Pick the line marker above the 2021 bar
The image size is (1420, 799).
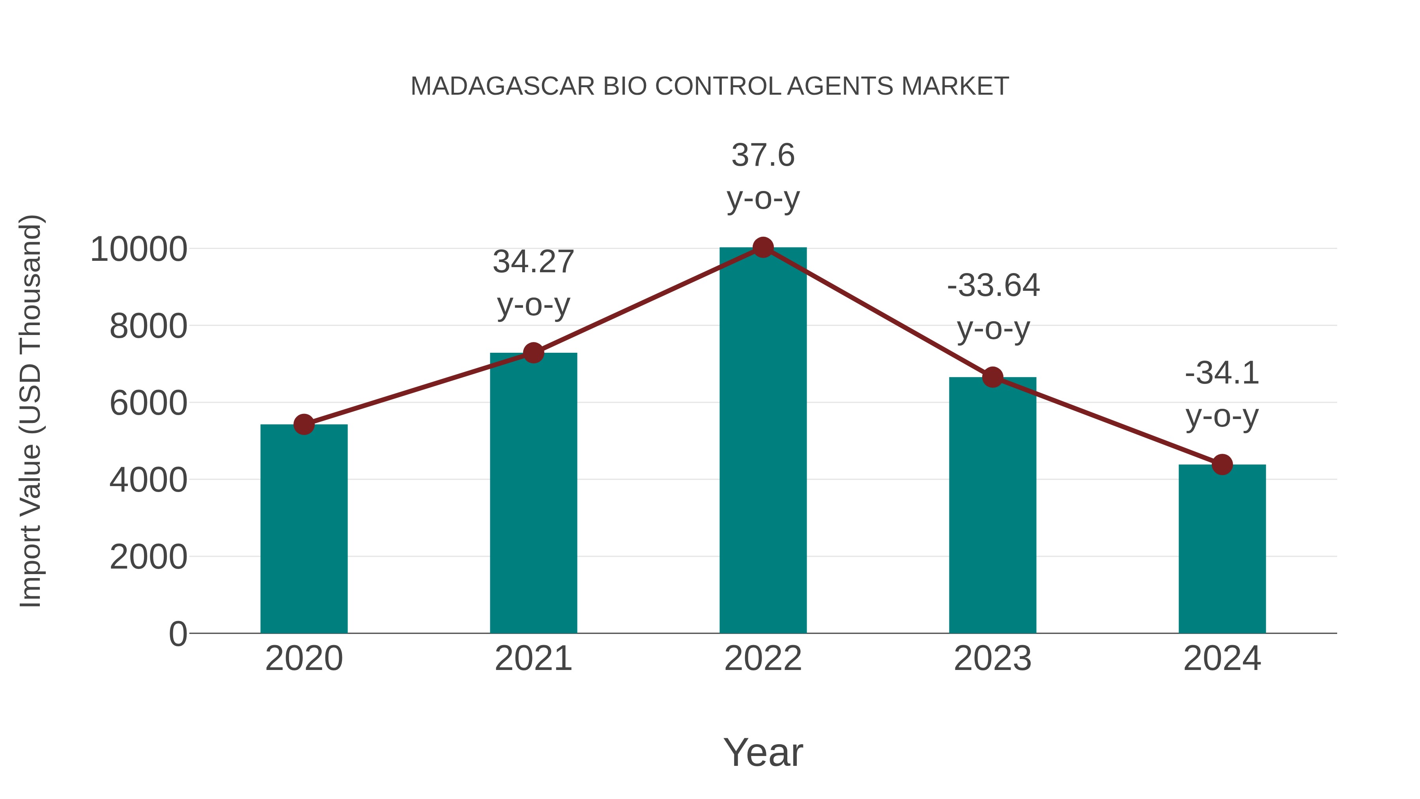(x=533, y=353)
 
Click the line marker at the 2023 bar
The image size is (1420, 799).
(x=992, y=377)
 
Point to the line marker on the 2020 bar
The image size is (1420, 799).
(x=304, y=425)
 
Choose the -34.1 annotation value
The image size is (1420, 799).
(x=1222, y=373)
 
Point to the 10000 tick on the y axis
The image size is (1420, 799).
(x=139, y=249)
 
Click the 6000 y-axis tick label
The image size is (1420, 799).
(x=148, y=403)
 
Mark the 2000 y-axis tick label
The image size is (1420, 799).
(x=148, y=557)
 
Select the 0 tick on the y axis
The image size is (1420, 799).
(x=177, y=634)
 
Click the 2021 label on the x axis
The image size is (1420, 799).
(x=533, y=659)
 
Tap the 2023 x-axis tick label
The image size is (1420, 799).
(x=992, y=659)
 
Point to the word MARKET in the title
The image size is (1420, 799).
(x=955, y=86)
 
